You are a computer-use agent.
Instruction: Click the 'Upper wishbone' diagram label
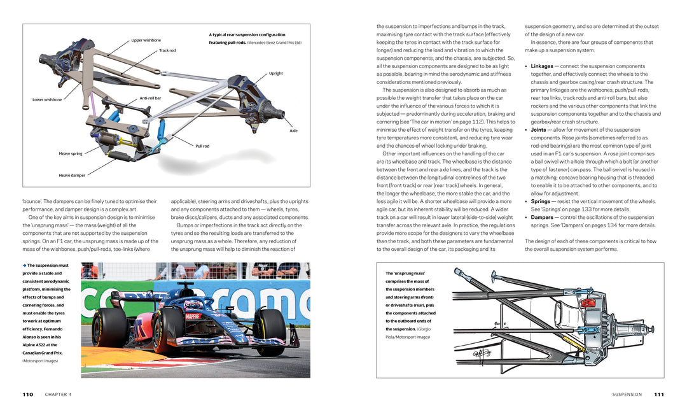[146, 40]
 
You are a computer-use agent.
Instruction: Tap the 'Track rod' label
[167, 50]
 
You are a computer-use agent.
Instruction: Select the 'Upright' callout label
[275, 73]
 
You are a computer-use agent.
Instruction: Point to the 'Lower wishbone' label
[47, 99]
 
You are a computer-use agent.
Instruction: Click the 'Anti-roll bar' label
[150, 98]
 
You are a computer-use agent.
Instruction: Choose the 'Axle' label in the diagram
[293, 131]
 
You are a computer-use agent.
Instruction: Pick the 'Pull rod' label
[202, 146]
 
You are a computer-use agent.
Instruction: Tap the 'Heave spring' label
[71, 153]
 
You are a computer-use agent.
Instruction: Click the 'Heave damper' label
[72, 175]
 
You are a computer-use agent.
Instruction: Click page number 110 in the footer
[27, 394]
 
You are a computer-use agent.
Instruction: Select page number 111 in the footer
[659, 394]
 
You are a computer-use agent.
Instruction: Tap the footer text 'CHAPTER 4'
[59, 394]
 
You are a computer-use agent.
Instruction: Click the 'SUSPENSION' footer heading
[627, 394]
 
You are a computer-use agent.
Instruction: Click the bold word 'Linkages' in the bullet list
[542, 66]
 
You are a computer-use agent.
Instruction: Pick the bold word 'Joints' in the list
[538, 130]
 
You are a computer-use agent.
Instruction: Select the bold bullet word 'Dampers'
[542, 217]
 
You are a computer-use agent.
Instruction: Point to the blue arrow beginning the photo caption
[24, 265]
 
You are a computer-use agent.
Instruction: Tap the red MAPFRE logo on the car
[193, 316]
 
